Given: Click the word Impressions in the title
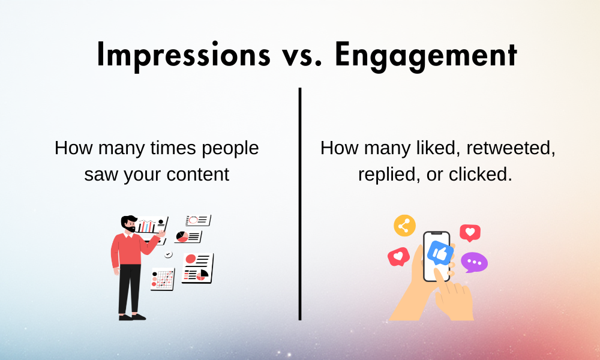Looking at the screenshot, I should (x=183, y=55).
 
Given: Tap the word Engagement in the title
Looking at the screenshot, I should (x=426, y=55).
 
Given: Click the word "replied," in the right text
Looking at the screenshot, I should (x=384, y=174).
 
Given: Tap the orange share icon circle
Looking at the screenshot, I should (x=404, y=226).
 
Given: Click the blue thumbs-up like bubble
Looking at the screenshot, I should (x=440, y=253).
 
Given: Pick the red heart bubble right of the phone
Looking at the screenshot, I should (x=470, y=232).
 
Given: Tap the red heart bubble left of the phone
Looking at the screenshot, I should (x=398, y=257).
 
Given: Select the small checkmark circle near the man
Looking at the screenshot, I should (x=169, y=254).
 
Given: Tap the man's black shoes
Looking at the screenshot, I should (x=132, y=316).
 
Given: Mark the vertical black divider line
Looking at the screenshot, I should (x=300, y=204).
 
